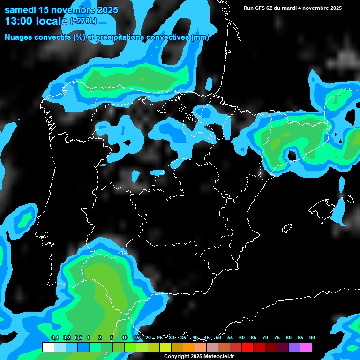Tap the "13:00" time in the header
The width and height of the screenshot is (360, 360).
(19, 21)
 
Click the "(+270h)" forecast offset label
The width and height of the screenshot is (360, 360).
(83, 21)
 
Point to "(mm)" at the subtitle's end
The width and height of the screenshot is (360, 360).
(200, 37)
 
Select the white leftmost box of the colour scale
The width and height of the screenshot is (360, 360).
(48, 347)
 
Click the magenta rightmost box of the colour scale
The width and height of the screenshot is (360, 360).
(306, 347)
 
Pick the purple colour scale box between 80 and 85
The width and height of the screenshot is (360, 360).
(294, 347)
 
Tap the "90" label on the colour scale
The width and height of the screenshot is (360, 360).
(312, 338)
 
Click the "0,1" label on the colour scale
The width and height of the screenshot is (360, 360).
(54, 338)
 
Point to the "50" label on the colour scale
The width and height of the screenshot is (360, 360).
(218, 338)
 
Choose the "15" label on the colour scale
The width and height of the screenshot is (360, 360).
(136, 338)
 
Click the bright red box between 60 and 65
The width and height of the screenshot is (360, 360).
(247, 347)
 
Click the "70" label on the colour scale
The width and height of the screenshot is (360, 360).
(265, 338)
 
